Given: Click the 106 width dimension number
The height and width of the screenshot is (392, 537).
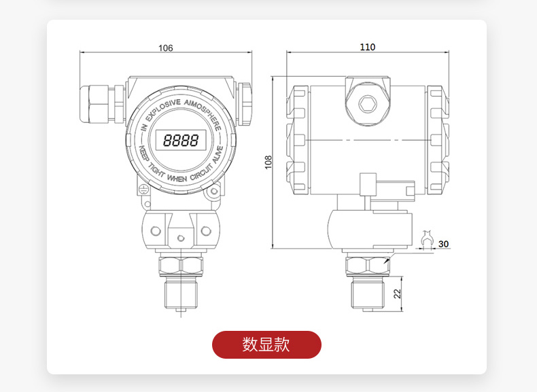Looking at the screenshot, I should pyautogui.click(x=166, y=48).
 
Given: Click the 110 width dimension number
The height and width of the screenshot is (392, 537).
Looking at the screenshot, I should pyautogui.click(x=367, y=48).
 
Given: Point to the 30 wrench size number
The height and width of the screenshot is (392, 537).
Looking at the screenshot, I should pyautogui.click(x=444, y=244).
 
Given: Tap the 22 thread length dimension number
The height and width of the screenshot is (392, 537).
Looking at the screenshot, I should pyautogui.click(x=398, y=293).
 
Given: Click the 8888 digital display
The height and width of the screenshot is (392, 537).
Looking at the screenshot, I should pyautogui.click(x=181, y=141).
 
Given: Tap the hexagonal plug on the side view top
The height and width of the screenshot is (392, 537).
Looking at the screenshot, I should pyautogui.click(x=368, y=104).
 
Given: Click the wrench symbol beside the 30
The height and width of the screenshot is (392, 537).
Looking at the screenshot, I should pyautogui.click(x=427, y=238).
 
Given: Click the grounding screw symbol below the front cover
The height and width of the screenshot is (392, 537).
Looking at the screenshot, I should pyautogui.click(x=143, y=190).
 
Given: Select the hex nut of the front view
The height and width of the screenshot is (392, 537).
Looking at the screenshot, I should pyautogui.click(x=181, y=265).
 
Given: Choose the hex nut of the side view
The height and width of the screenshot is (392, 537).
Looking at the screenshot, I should pyautogui.click(x=367, y=265).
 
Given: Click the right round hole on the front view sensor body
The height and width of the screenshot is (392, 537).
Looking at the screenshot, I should pyautogui.click(x=205, y=231).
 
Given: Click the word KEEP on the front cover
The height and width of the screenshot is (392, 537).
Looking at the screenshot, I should pyautogui.click(x=144, y=154).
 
